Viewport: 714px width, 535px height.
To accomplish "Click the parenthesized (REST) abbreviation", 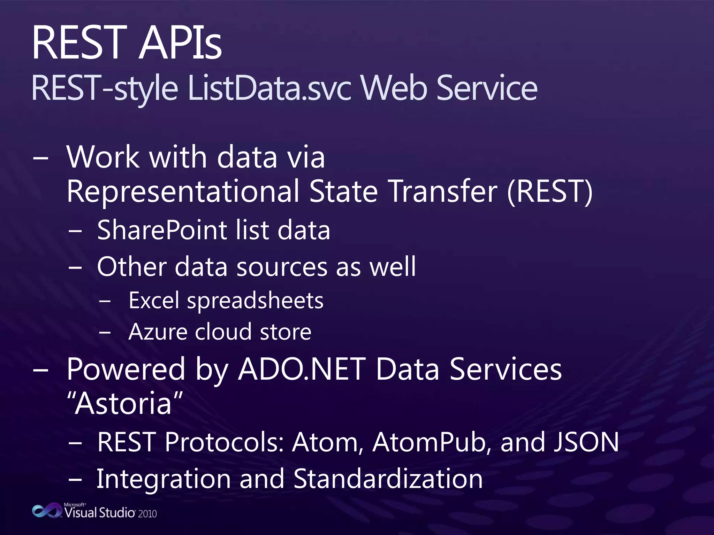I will click(549, 192).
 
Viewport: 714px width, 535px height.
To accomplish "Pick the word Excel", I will click(154, 301).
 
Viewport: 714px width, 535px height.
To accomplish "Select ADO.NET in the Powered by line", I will click(301, 369).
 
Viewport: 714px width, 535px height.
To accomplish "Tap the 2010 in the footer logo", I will click(147, 514).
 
